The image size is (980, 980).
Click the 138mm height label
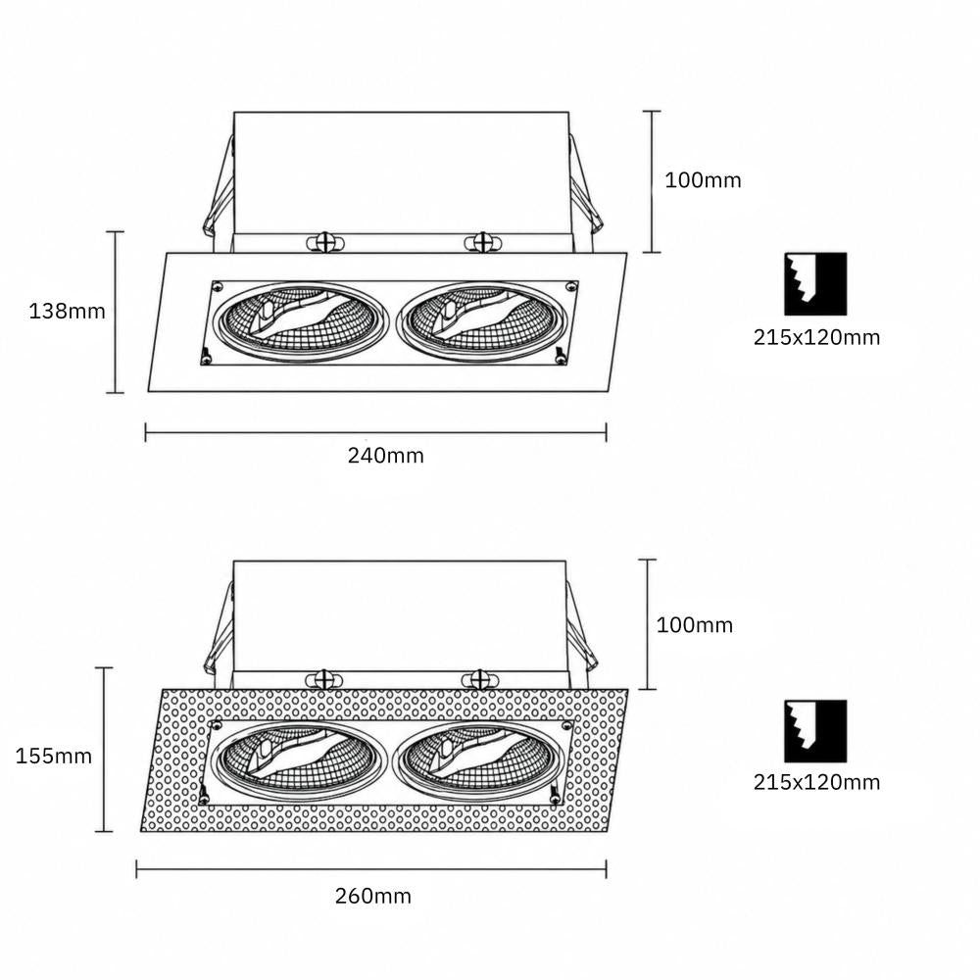pyautogui.click(x=68, y=312)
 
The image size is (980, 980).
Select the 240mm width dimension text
pyautogui.click(x=385, y=456)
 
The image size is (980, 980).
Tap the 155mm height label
pyautogui.click(x=54, y=757)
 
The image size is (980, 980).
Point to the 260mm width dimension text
pyautogui.click(x=373, y=897)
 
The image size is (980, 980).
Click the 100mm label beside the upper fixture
pyautogui.click(x=703, y=180)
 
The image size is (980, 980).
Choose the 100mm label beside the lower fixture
pyautogui.click(x=695, y=625)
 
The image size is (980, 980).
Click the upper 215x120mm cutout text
pyautogui.click(x=816, y=337)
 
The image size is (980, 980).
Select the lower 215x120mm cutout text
pyautogui.click(x=816, y=782)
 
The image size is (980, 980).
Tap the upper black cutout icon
pyautogui.click(x=815, y=284)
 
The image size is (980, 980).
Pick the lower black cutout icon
pyautogui.click(x=815, y=731)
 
